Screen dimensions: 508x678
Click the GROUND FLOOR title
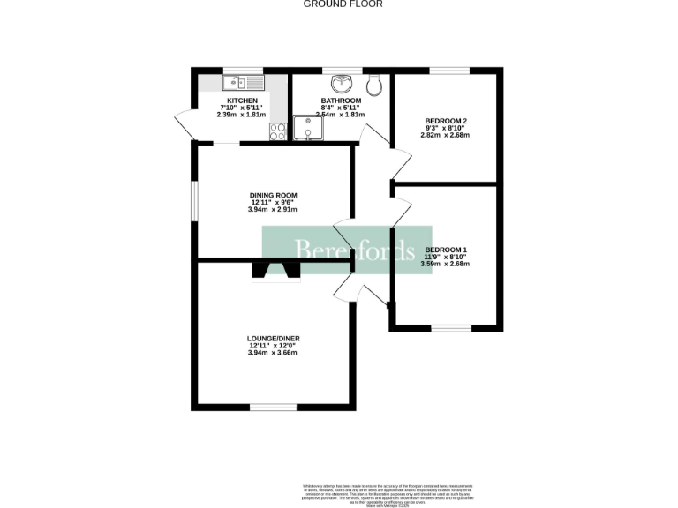pos(343,4)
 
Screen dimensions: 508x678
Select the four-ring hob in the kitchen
pos(277,131)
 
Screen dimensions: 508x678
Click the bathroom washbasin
pos(341,85)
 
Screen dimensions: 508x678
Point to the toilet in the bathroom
pos(374,84)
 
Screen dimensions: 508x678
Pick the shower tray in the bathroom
pos(308,129)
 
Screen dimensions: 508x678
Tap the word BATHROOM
pos(341,101)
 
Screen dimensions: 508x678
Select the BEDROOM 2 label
pos(446,120)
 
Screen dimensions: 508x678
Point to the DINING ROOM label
pos(273,195)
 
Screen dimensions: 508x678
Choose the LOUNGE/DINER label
pos(272,338)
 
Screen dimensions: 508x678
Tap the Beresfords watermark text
pos(353,250)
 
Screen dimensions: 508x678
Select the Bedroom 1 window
pos(450,328)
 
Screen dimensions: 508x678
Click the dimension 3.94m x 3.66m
pos(272,353)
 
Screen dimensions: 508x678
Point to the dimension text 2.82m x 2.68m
pos(446,135)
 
